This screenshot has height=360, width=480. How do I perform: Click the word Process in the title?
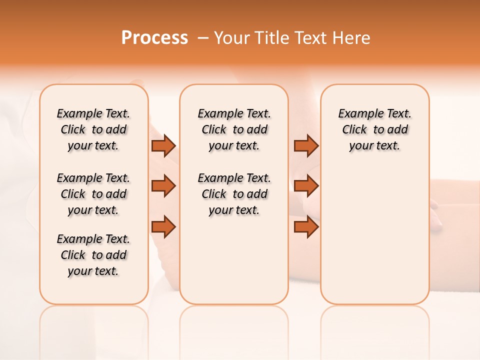coord(154,37)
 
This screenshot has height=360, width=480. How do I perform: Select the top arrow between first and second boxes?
coord(163,145)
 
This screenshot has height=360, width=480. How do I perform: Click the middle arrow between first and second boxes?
coord(163,186)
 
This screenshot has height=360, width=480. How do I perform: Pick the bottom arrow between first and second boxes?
coord(163,227)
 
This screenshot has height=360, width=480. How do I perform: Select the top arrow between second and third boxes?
coord(306,145)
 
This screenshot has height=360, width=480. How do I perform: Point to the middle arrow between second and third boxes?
coord(306,186)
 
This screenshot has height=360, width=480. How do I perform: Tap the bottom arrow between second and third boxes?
coord(306,227)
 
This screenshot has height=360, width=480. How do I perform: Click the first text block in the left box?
coord(93,129)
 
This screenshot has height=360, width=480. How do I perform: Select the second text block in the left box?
coord(93,194)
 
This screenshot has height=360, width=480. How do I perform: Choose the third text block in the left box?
coord(93,255)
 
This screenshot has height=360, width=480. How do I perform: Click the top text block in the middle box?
coord(234,129)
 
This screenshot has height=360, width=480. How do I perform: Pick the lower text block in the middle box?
coord(234,194)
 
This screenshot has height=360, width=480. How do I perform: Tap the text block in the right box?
coord(374,129)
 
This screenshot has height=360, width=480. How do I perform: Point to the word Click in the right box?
coord(354,130)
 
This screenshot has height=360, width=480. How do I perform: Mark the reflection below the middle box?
coord(234,325)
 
